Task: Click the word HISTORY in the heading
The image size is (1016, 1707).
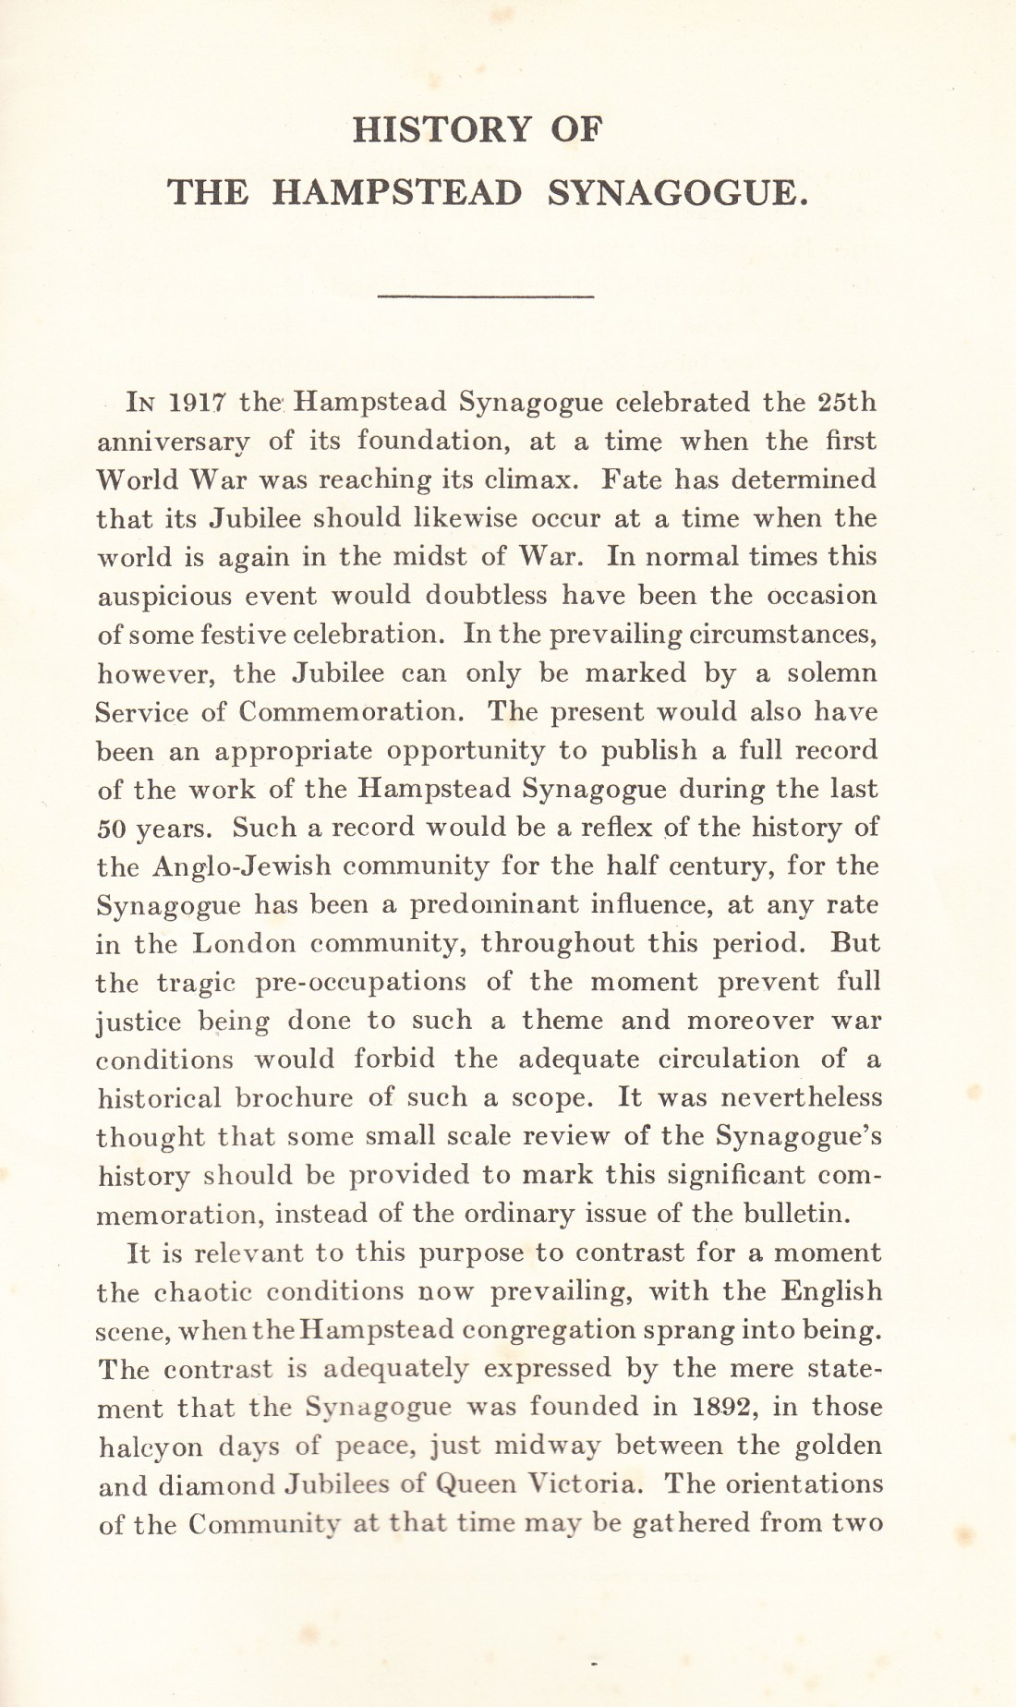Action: click(x=442, y=129)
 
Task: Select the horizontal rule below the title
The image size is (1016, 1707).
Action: click(x=486, y=296)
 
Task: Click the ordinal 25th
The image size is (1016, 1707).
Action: click(x=847, y=403)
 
